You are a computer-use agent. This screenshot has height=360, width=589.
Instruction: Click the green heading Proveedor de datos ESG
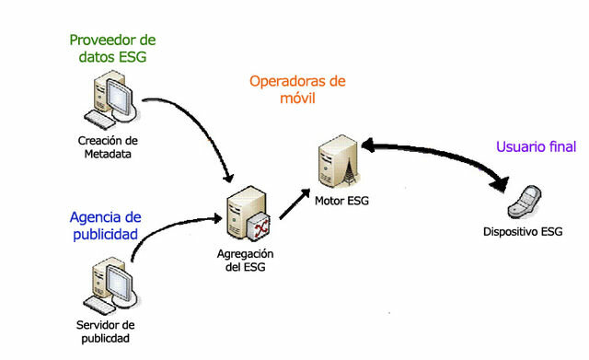coord(113,50)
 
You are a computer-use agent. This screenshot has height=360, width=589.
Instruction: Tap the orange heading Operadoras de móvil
coord(297,88)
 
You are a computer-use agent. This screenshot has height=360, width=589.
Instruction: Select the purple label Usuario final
coord(537,147)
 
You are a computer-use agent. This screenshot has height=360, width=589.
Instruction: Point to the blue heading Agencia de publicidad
coord(105,226)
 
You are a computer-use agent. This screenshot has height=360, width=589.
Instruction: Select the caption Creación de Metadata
coord(108,147)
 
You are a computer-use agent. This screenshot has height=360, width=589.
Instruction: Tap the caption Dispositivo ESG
coord(522,232)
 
